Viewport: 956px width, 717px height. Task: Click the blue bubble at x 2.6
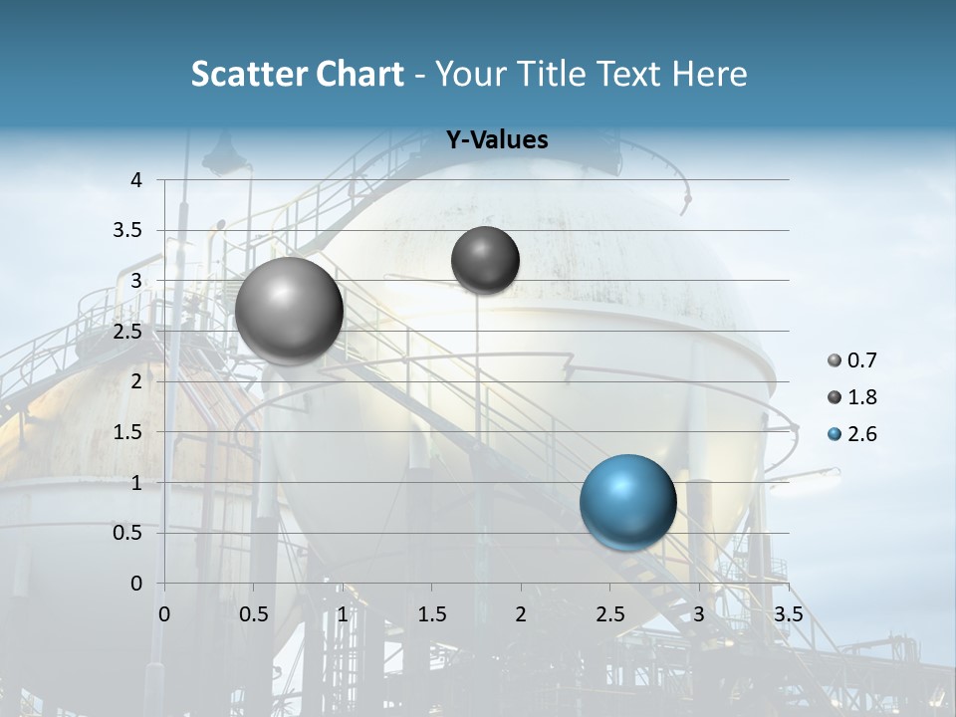click(627, 502)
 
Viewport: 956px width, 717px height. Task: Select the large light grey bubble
click(289, 311)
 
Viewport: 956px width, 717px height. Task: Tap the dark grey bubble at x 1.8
click(485, 260)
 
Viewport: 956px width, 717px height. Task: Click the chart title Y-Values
click(497, 140)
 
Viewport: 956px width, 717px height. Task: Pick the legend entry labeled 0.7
click(852, 360)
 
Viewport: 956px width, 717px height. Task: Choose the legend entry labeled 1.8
click(852, 397)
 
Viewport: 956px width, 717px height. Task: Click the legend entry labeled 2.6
click(852, 434)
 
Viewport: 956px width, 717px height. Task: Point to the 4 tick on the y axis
click(137, 180)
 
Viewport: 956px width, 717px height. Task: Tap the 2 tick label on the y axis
click(137, 381)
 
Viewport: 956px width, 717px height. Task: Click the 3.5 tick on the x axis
click(788, 612)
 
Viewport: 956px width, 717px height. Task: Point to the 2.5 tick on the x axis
click(609, 612)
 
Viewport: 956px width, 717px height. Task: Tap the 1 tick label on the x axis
click(343, 612)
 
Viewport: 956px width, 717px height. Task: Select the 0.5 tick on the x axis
click(253, 612)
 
